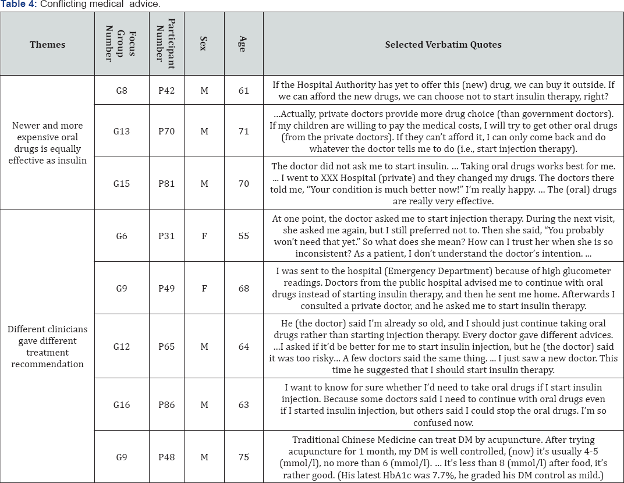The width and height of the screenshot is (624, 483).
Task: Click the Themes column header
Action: pyautogui.click(x=48, y=45)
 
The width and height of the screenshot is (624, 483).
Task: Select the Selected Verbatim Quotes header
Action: pyautogui.click(x=443, y=45)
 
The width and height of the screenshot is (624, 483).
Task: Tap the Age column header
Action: pyautogui.click(x=243, y=45)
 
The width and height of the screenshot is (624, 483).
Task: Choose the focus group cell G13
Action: pyautogui.click(x=122, y=132)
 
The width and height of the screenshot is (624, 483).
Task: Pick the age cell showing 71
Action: pyautogui.click(x=243, y=132)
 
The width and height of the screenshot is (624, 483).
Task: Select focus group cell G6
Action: pyautogui.click(x=122, y=236)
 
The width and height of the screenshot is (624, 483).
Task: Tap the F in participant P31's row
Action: pyautogui.click(x=204, y=236)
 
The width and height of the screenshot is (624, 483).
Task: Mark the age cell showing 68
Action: pyautogui.click(x=243, y=289)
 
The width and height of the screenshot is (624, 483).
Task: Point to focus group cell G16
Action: pyautogui.click(x=122, y=405)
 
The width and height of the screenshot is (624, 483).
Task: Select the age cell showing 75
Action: pyautogui.click(x=243, y=457)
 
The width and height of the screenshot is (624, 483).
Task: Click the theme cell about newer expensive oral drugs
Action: pyautogui.click(x=48, y=143)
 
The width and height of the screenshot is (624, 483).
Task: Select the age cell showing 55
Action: pyautogui.click(x=243, y=236)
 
